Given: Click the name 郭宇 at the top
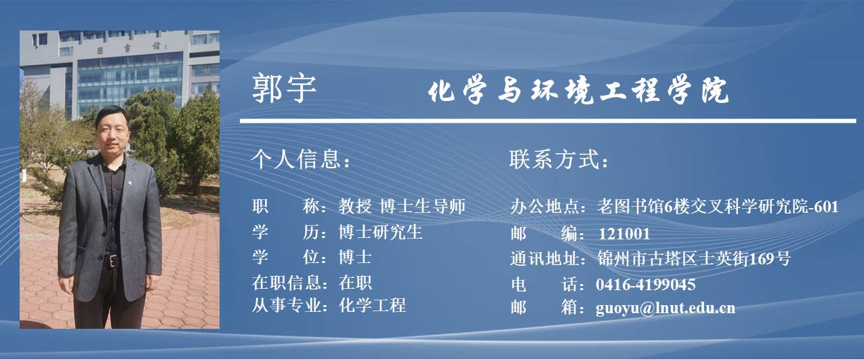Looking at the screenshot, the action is click(x=284, y=89).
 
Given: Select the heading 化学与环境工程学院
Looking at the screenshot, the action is click(x=578, y=91).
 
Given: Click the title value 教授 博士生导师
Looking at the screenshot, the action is click(x=402, y=206).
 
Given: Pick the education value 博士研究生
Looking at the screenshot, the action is click(x=380, y=233).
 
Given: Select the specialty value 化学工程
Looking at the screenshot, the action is click(x=372, y=305).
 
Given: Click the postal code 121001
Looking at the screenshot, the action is click(x=624, y=234).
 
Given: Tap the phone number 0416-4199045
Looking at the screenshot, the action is click(x=646, y=285).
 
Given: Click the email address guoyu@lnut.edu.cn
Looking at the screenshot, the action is click(x=665, y=308).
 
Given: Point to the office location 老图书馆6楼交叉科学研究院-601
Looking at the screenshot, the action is click(x=718, y=207).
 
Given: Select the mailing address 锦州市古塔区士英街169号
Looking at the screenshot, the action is click(x=694, y=258).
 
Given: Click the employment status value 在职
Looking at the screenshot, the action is click(x=355, y=283).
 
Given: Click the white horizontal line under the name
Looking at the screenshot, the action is click(x=548, y=121).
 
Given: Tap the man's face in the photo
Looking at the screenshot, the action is click(x=111, y=134).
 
